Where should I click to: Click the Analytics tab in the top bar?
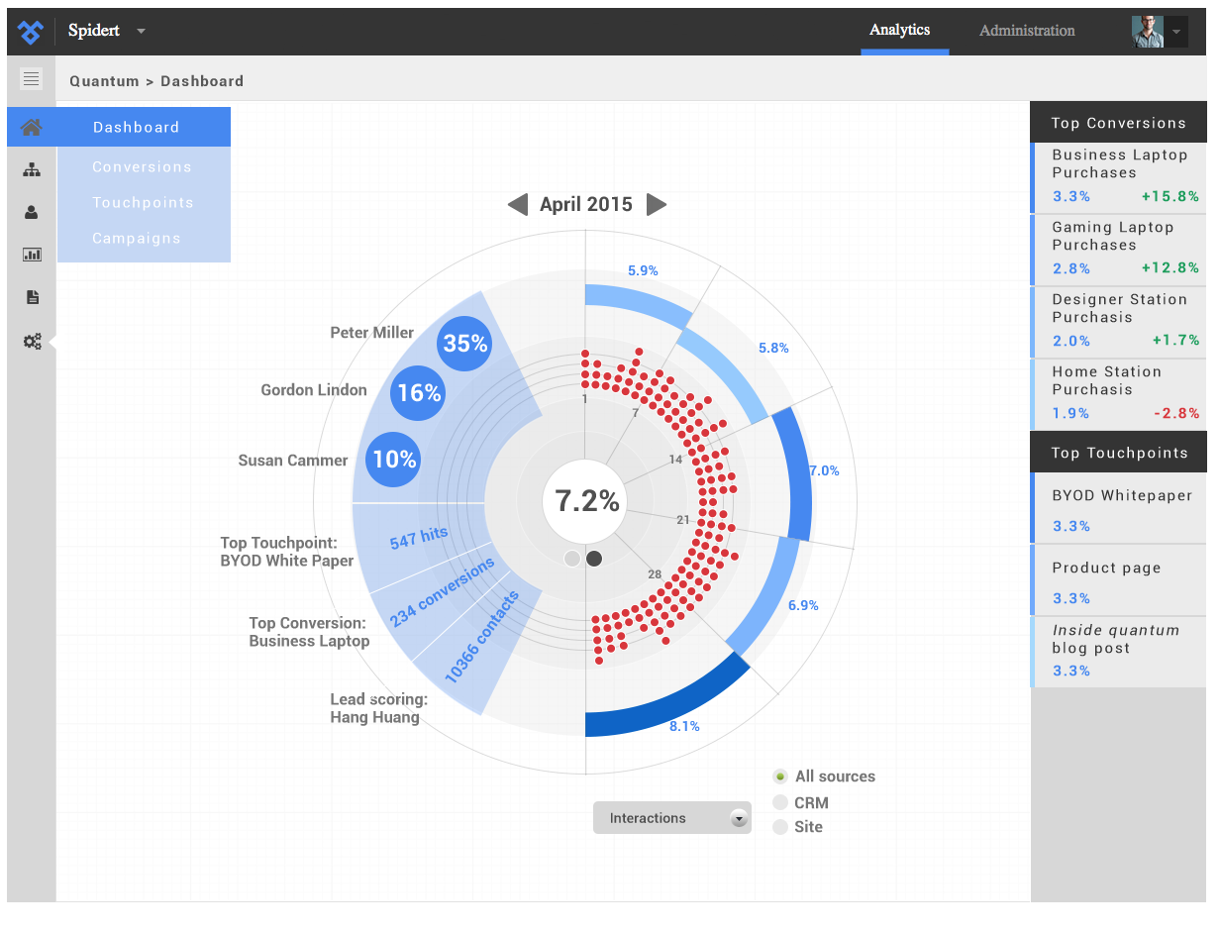point(899,31)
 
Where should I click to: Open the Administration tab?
point(1027,31)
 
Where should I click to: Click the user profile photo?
point(1148,32)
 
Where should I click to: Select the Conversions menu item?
point(142,167)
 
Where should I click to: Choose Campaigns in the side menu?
point(137,239)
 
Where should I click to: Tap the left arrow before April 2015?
point(518,205)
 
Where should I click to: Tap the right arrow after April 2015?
point(656,205)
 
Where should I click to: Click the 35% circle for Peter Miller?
point(465,344)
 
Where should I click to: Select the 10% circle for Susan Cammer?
point(394,460)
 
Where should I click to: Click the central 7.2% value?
point(586,501)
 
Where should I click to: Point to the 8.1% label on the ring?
point(684,726)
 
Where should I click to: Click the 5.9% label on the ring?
point(643,270)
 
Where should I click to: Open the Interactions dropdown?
point(671,818)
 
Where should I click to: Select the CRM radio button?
point(780,802)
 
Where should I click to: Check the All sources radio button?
point(780,777)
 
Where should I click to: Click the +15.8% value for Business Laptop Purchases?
point(1170,196)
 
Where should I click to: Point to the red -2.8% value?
point(1175,413)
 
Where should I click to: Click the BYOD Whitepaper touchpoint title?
point(1122,496)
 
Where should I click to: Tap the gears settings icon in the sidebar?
point(32,342)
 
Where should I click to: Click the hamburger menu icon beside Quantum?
point(31,79)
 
